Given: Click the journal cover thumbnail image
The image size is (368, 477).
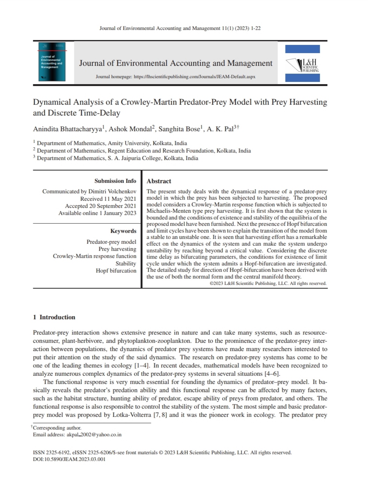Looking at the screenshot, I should pos(53,62).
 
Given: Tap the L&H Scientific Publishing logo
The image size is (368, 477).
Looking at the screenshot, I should pos(303,64).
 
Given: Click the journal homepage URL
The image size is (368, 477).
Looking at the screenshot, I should pos(194,77).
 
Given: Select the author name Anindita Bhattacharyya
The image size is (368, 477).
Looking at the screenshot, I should pos(68,129).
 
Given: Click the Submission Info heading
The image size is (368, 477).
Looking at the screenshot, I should pos(115,181).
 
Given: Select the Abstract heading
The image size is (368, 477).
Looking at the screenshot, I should pos(159,181).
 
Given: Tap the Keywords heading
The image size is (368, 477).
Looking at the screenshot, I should pos(123,231).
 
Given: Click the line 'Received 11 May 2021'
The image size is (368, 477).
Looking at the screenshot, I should pos(108,199).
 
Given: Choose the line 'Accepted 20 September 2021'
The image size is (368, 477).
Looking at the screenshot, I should pos(100,206).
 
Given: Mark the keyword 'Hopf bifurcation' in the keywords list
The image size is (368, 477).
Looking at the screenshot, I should pos(116,270).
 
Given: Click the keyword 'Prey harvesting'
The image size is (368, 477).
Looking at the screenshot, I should pos(117,249).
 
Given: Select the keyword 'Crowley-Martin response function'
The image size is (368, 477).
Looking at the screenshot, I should pos(95,256).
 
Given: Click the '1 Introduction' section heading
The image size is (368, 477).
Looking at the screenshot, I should pos(54,317).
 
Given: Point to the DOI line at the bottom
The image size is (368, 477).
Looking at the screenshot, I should pos(69,459).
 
